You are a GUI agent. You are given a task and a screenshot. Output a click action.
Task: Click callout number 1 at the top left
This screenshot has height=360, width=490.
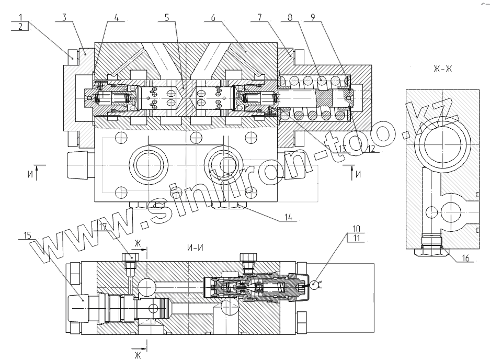(20, 17)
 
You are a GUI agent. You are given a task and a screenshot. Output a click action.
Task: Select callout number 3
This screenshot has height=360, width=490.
(63, 17)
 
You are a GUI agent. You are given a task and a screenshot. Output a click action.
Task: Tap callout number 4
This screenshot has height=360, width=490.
(117, 17)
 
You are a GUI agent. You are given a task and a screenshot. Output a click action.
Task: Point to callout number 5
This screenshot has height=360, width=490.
(166, 17)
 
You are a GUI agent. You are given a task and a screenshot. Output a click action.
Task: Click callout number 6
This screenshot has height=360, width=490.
(213, 17)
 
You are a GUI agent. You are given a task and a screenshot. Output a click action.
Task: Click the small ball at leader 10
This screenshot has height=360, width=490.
(314, 284)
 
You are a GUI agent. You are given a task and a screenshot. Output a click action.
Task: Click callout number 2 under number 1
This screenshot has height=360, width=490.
(20, 27)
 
